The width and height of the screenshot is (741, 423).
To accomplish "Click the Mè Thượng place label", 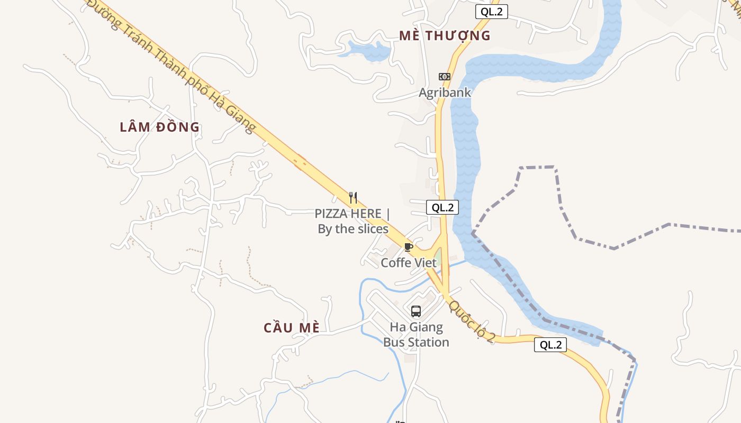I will tap(445, 35).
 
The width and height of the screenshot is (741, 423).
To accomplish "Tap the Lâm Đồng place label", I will tap(159, 127).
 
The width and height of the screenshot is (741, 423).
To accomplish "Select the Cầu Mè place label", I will tap(292, 327).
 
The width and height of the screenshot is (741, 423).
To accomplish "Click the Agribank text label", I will tap(445, 93).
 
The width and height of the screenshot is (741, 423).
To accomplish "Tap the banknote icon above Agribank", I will tap(445, 77).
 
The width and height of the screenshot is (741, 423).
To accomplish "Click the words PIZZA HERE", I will tap(348, 214).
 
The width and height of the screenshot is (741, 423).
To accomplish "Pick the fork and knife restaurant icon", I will tap(353, 198).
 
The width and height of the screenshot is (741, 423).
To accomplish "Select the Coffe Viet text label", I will tap(409, 262).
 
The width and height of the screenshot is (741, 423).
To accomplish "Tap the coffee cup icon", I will tap(408, 247).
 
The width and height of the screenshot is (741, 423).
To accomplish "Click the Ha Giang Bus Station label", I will tap(416, 335).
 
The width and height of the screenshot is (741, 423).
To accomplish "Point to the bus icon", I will tap(416, 311).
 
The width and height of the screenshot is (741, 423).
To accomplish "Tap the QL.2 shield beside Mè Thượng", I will tap(491, 12).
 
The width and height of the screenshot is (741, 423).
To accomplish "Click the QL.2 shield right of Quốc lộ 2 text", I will tap(550, 345).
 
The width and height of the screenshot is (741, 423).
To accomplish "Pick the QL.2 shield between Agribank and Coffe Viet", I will tap(442, 207).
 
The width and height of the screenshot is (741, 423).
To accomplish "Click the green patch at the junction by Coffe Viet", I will tap(438, 259).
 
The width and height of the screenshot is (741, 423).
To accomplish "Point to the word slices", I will tap(372, 229).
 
